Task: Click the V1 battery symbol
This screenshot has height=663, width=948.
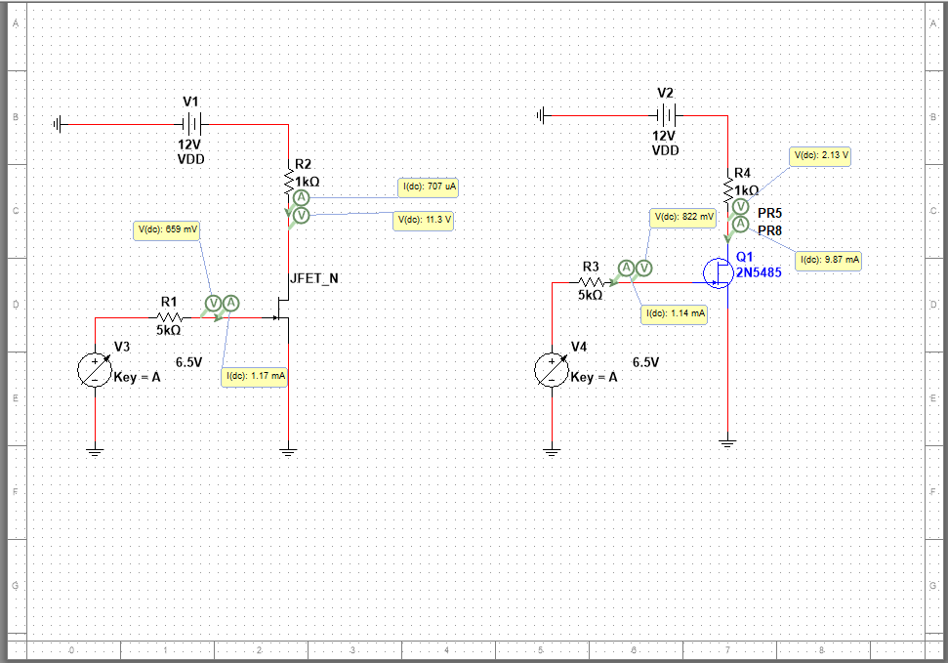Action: [x=191, y=124]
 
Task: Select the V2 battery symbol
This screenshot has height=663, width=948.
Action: [x=665, y=115]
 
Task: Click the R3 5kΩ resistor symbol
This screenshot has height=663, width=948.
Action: [x=591, y=283]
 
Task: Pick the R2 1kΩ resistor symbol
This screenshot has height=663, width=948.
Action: [x=289, y=182]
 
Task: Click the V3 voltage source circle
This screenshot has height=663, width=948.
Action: [x=95, y=370]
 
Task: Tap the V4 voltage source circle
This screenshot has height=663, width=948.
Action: [x=552, y=370]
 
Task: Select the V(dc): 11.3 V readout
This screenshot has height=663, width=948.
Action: [x=425, y=221]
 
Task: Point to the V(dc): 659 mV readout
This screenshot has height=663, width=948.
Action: [x=167, y=230]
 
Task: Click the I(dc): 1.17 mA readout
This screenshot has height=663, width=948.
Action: [x=255, y=376]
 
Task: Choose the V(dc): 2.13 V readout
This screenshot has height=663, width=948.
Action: [x=820, y=155]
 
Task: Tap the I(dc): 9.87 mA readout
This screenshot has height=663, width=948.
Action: [x=829, y=260]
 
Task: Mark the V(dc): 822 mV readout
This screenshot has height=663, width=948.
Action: [x=684, y=217]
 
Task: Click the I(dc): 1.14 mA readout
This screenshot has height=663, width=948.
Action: [x=674, y=314]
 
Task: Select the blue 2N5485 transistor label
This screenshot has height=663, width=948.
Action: [x=759, y=272]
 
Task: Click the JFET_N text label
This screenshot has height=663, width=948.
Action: [x=314, y=278]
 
